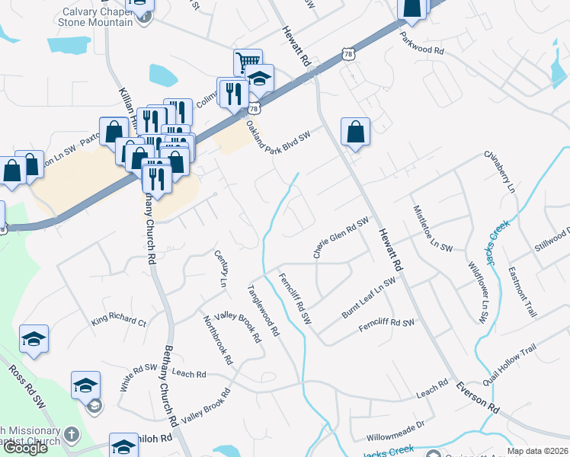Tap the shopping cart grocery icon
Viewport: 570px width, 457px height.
coord(248,62)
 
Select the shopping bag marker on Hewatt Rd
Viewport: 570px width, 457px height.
coord(355,132)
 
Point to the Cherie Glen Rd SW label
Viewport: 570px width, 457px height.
coord(341,238)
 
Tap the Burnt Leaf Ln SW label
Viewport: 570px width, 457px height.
coord(368,298)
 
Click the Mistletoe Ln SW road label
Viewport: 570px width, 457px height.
coord(434,228)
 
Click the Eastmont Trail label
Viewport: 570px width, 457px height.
coord(524,292)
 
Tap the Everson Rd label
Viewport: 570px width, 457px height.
coord(478,398)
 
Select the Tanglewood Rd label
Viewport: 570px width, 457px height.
coord(264,312)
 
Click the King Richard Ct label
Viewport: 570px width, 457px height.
coord(119,321)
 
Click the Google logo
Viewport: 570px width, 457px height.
coord(24,448)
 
